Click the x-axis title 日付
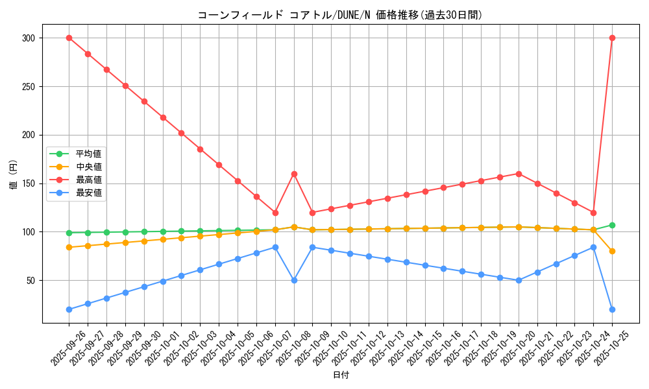click(x=340, y=375)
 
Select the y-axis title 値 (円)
click(x=14, y=174)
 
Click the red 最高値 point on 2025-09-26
click(x=69, y=38)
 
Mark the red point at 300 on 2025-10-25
click(x=612, y=38)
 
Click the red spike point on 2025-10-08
click(x=294, y=174)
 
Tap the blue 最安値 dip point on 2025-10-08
click(x=294, y=280)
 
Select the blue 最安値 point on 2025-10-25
click(x=612, y=309)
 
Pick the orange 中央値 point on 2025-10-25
click(x=612, y=251)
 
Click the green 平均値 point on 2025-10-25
click(x=612, y=225)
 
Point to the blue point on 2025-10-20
click(x=519, y=280)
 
